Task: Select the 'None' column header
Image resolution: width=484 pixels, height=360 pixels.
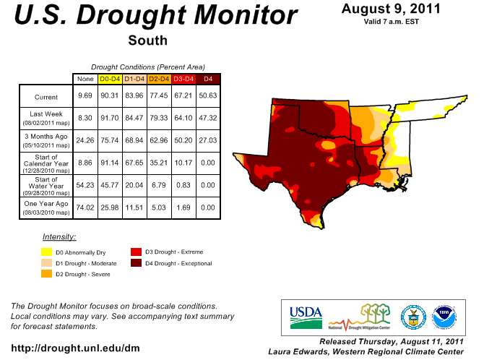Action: pos(85,78)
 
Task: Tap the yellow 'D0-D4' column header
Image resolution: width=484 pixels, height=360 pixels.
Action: pos(109,78)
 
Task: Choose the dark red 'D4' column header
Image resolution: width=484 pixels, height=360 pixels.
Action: pos(208,78)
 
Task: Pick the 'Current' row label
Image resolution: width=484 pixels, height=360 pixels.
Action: pos(46,96)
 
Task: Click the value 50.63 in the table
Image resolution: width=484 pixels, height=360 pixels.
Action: pos(208,96)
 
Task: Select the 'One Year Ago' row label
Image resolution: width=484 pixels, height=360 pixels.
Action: pos(46,205)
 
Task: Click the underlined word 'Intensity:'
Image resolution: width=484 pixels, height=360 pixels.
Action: pos(59,236)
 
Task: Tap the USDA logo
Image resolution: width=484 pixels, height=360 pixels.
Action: pos(305,314)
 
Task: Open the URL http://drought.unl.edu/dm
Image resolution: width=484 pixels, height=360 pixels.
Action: pos(75,348)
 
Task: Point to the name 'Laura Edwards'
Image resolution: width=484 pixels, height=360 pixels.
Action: pos(295,351)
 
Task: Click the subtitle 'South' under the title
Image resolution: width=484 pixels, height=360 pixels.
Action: pos(147,40)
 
